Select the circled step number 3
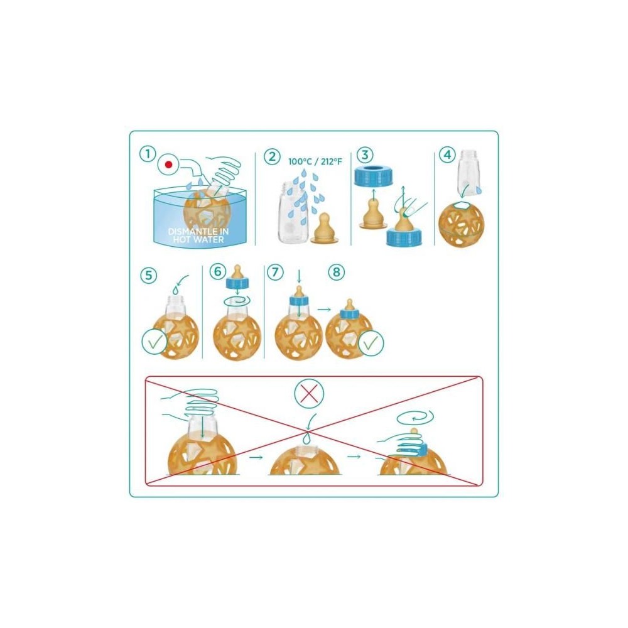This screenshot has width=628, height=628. (364, 154)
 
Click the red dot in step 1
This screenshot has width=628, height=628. (169, 165)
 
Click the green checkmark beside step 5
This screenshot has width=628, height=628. (154, 342)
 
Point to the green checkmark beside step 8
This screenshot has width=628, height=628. (371, 343)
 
